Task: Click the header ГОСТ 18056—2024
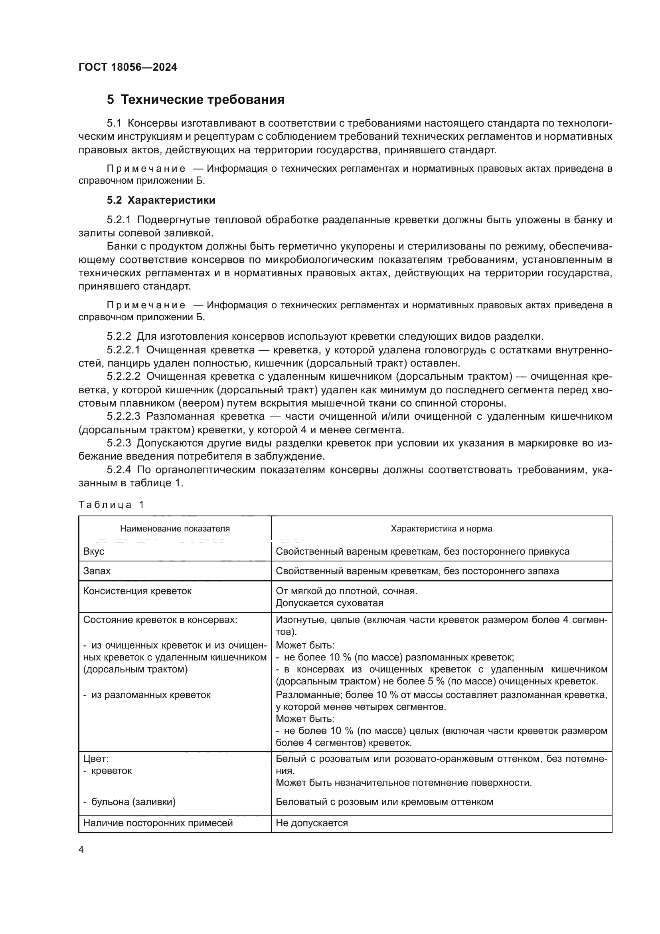[x=128, y=67]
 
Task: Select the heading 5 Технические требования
[x=196, y=100]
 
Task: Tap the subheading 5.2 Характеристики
[x=161, y=200]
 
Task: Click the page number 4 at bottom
[x=81, y=850]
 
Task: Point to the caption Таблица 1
[x=111, y=505]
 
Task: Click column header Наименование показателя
[x=175, y=529]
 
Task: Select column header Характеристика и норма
[x=441, y=529]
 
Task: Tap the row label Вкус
[x=94, y=551]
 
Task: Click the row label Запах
[x=97, y=571]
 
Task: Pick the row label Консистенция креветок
[x=137, y=591]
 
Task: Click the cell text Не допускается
[x=312, y=823]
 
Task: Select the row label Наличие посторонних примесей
[x=158, y=823]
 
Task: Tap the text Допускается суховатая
[x=329, y=603]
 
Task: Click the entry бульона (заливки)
[x=133, y=802]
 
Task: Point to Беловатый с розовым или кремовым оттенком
[x=384, y=802]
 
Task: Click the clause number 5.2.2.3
[x=124, y=416]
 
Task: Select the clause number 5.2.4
[x=119, y=470]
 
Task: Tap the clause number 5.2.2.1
[x=124, y=350]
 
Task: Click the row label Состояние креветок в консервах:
[x=160, y=620]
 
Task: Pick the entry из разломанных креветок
[x=150, y=695]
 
